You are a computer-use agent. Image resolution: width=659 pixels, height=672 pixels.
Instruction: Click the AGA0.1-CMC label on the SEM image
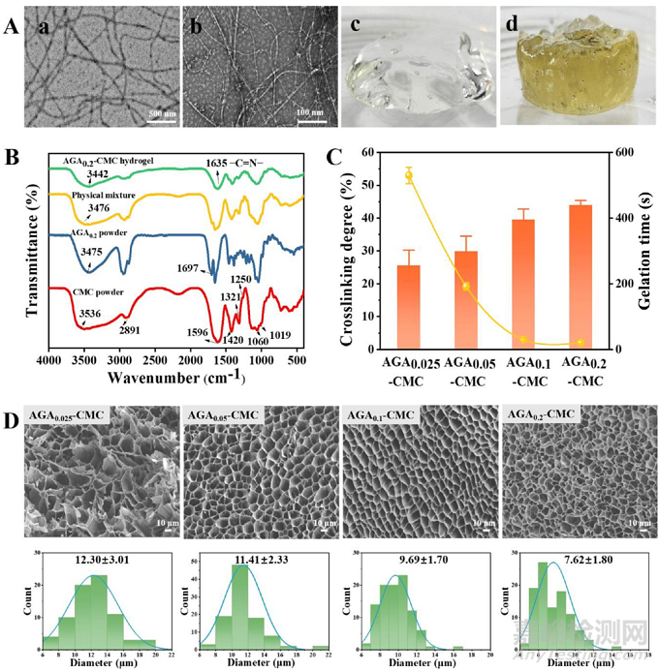pyautogui.click(x=381, y=415)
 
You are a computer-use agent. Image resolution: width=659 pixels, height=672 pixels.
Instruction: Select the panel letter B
pyautogui.click(x=12, y=156)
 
